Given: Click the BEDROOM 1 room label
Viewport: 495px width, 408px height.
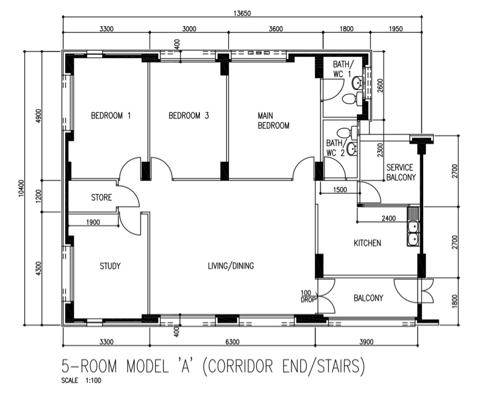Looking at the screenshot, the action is [111, 115].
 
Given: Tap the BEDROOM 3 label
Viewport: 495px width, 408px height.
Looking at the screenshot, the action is [189, 115].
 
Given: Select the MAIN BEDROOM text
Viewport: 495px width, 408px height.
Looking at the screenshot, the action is [273, 120].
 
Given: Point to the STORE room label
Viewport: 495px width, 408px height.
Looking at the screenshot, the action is [101, 198].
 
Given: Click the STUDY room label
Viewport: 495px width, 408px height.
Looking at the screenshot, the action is [110, 266].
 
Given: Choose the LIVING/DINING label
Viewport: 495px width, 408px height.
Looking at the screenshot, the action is [231, 265].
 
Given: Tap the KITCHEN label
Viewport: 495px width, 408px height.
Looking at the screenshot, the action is [367, 243].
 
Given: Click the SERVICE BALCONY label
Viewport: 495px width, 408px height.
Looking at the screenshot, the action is [401, 172].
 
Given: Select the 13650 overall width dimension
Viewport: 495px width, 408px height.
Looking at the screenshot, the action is [242, 13].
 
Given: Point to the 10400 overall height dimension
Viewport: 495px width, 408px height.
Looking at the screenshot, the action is [21, 188].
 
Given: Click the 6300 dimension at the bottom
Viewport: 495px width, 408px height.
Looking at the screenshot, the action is [233, 342].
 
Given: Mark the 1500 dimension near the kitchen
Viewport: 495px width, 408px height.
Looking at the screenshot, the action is [340, 190].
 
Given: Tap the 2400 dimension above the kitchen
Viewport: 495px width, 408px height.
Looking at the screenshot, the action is [389, 218].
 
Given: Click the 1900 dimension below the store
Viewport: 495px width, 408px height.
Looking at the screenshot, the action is [93, 223].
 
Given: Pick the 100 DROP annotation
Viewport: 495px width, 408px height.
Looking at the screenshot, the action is [306, 296].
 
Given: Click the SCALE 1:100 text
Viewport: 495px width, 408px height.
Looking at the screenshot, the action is [82, 380].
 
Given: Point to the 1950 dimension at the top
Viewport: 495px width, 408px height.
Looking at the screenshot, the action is [395, 29].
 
